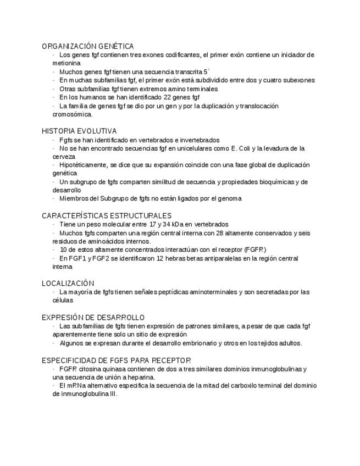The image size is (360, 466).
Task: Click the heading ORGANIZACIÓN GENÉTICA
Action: point(87,46)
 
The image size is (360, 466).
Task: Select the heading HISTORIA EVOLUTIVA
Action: point(79,131)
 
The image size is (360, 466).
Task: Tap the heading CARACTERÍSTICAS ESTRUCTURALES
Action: point(106,216)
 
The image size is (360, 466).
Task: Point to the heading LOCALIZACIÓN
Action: point(68,284)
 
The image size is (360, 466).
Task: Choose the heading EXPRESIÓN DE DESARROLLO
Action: point(93,318)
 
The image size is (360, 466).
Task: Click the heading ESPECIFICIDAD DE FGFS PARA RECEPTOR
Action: point(116,360)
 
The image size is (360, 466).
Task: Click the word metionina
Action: point(67,63)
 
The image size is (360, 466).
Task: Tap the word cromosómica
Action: point(73,114)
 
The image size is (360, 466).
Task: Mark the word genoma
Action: point(229,198)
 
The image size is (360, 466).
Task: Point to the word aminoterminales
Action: point(213,292)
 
